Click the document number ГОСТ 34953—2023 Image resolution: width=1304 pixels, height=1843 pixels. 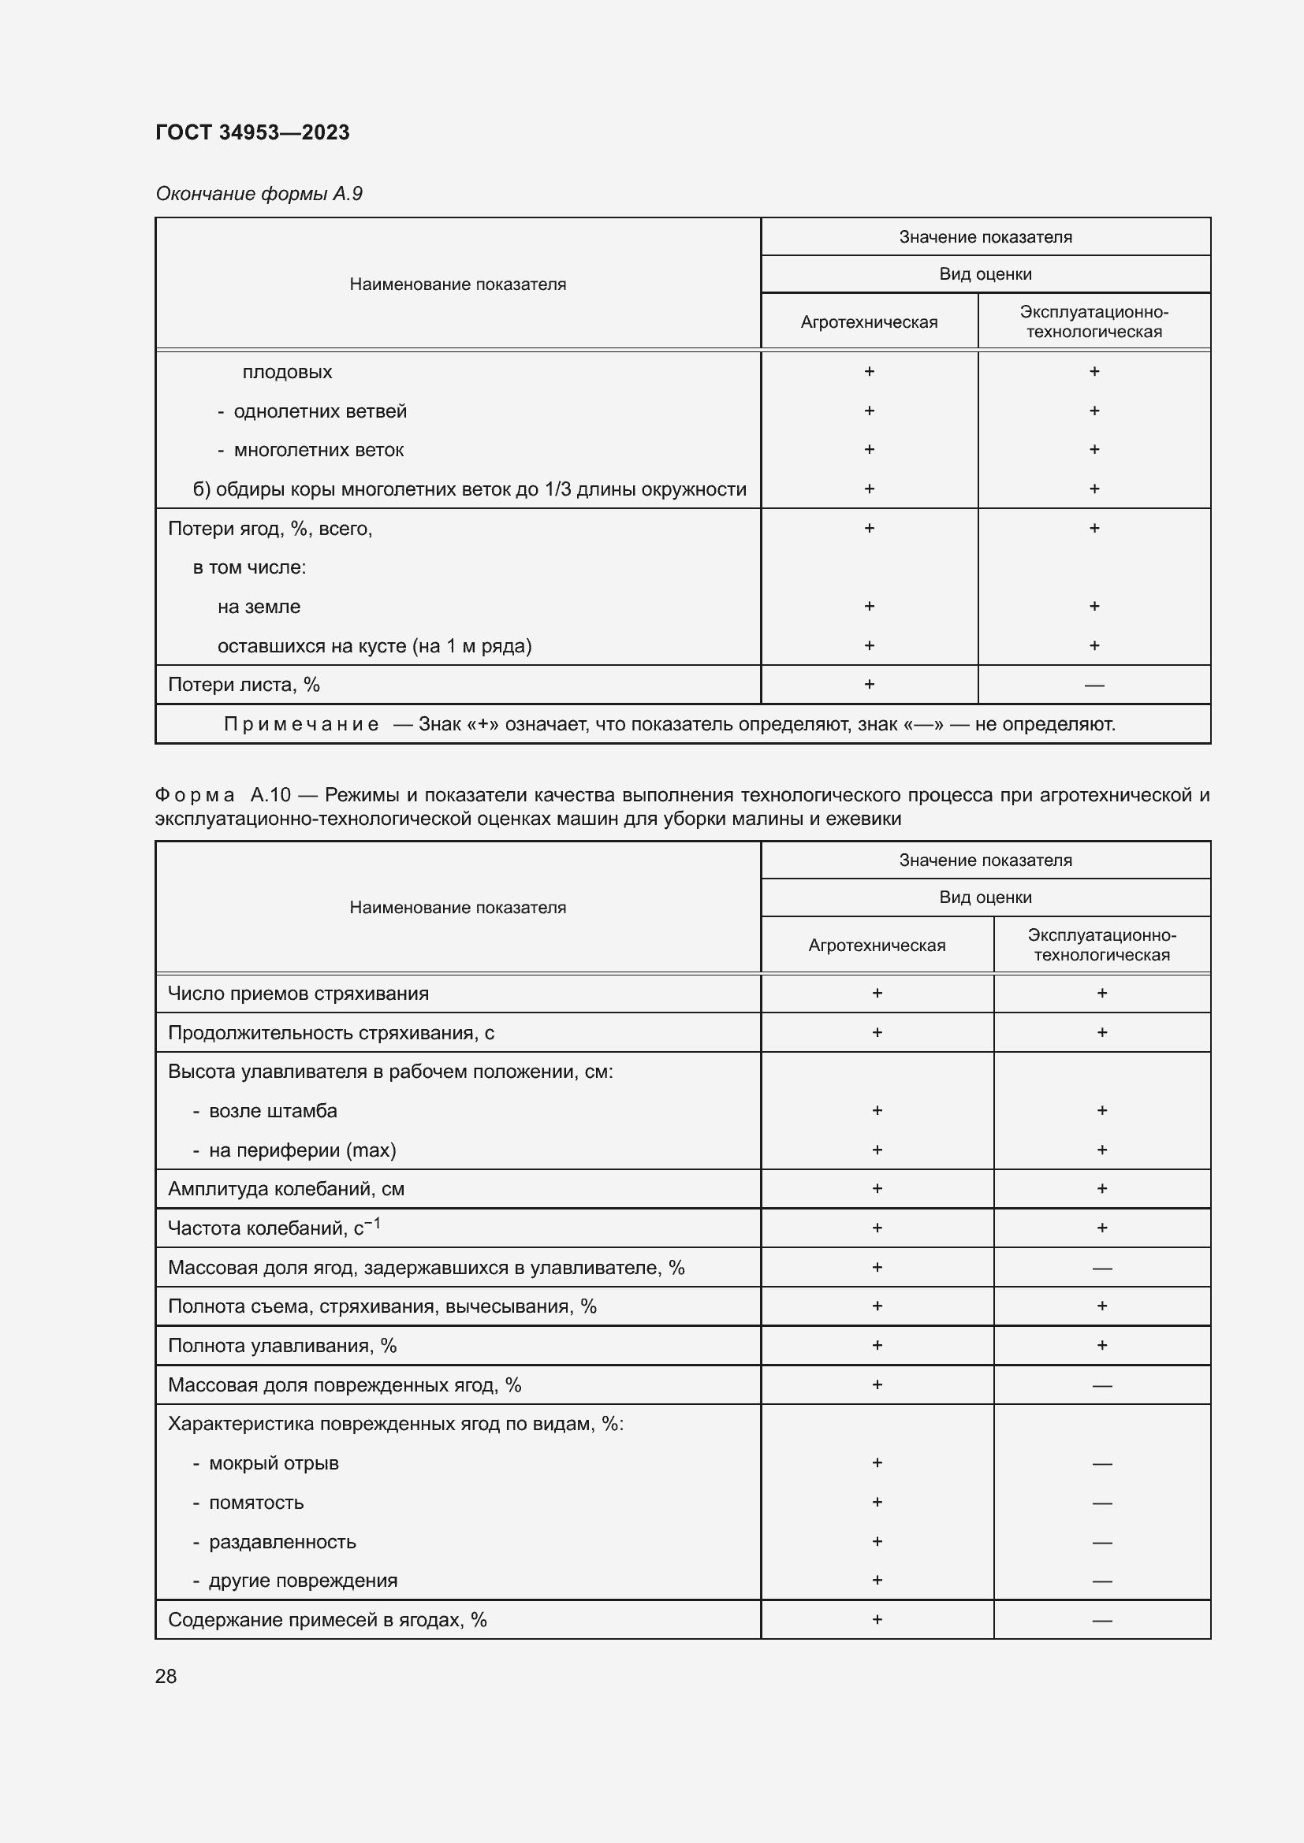click(252, 132)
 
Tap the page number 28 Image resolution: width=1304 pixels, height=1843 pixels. click(166, 1676)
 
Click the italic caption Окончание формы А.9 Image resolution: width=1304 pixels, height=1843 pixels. click(259, 194)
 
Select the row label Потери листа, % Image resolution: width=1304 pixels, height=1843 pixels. click(244, 685)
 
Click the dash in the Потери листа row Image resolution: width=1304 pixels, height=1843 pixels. click(1093, 686)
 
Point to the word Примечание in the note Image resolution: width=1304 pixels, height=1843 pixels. click(301, 724)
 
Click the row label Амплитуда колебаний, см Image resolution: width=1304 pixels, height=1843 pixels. click(286, 1189)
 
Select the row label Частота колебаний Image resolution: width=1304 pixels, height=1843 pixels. click(273, 1228)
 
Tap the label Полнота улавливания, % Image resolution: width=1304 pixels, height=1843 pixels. click(281, 1345)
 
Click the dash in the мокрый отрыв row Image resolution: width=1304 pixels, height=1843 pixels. click(1101, 1464)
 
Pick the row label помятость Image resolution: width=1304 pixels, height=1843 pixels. click(256, 1503)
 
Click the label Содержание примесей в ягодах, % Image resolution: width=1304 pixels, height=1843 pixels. click(327, 1620)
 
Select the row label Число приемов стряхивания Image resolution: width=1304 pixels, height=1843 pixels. click(298, 994)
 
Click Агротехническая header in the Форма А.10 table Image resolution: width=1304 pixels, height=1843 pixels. click(877, 946)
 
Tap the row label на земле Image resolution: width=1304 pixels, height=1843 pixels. click(259, 607)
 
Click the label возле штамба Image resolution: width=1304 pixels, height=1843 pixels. click(272, 1111)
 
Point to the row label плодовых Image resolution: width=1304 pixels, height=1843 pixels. click(287, 373)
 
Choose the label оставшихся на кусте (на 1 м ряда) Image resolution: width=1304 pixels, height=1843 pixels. click(374, 646)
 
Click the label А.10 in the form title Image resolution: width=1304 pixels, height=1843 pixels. click(270, 795)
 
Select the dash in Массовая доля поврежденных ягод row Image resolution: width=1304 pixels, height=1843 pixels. click(1101, 1385)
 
